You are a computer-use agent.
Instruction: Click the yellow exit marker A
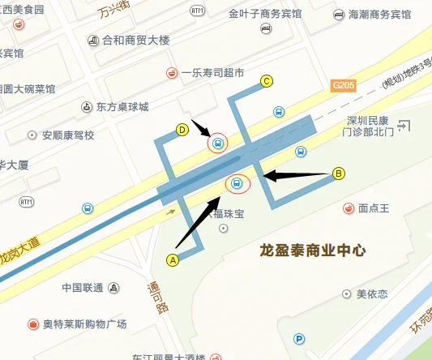click(x=172, y=260)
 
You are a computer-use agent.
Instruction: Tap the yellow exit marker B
click(x=339, y=173)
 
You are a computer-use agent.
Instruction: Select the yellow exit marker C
click(x=266, y=80)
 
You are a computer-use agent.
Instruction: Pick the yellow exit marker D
click(x=183, y=129)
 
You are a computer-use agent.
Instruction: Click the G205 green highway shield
click(x=344, y=84)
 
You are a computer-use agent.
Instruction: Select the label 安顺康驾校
click(x=68, y=135)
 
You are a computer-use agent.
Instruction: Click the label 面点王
click(x=374, y=208)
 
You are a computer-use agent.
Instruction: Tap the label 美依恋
click(x=373, y=294)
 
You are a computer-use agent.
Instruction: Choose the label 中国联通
click(x=82, y=288)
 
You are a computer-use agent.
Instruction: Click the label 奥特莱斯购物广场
click(x=84, y=324)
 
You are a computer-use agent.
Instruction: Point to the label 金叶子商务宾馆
click(x=264, y=15)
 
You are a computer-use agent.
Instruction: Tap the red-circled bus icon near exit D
click(x=217, y=144)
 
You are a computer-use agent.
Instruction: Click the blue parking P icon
click(x=299, y=340)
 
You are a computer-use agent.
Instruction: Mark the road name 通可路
click(x=157, y=297)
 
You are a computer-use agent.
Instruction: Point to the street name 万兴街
click(x=113, y=11)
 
